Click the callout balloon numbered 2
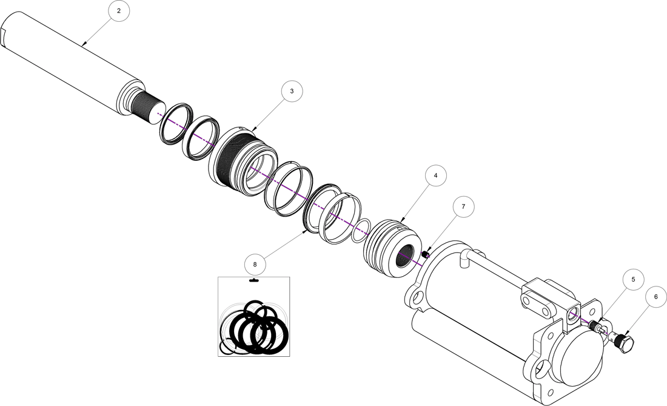[119, 12]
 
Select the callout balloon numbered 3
[292, 91]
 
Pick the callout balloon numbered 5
[633, 280]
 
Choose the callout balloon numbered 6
[655, 297]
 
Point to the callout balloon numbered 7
[463, 207]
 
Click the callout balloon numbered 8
[255, 265]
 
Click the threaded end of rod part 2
[146, 109]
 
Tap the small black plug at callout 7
[426, 255]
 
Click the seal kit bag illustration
[253, 317]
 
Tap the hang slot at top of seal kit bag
[253, 281]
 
